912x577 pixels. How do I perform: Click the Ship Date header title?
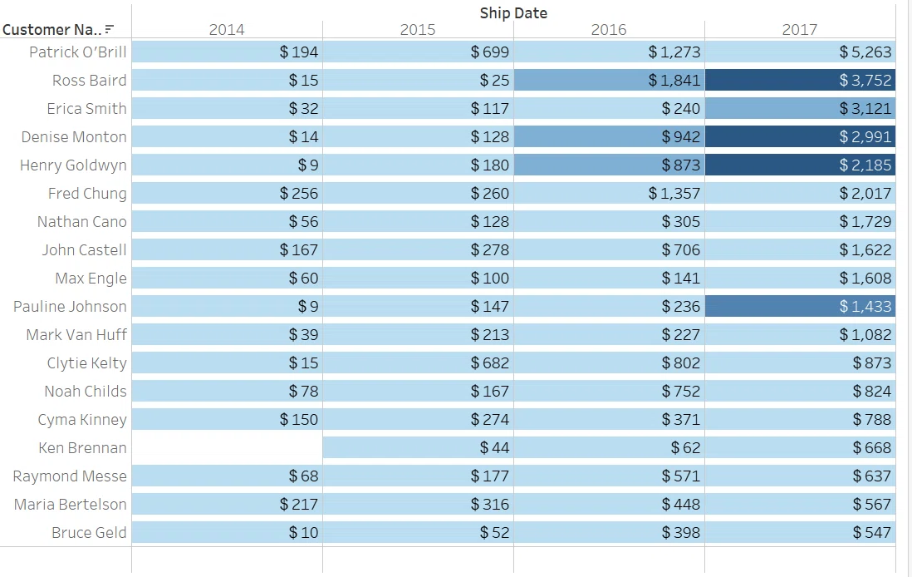(x=513, y=12)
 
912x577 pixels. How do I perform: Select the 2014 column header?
(x=227, y=30)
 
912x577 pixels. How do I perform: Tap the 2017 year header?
(x=800, y=30)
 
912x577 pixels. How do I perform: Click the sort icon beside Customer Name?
(x=110, y=29)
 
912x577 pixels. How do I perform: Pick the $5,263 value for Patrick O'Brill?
(x=865, y=52)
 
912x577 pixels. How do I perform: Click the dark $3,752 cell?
(x=801, y=81)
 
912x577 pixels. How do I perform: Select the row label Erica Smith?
(x=86, y=109)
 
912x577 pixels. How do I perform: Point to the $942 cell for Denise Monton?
(x=609, y=137)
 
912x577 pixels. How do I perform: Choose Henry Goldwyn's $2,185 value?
(x=865, y=165)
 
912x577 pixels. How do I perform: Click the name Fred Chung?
(x=87, y=194)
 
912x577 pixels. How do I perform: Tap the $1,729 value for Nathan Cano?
(x=865, y=222)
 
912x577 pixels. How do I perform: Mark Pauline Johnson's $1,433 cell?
(x=801, y=306)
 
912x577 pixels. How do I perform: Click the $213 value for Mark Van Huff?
(x=490, y=335)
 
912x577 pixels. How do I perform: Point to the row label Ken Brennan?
(x=82, y=448)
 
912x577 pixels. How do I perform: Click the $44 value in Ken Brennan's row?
(x=494, y=448)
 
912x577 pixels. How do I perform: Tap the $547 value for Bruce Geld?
(x=872, y=533)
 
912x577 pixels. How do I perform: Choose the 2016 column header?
(x=609, y=30)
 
